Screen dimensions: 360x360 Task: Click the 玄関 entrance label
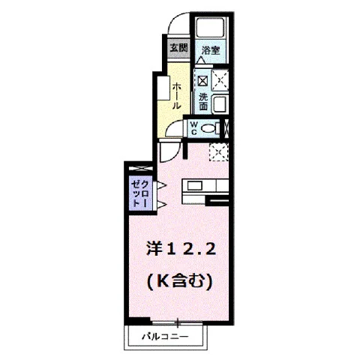pos(178,47)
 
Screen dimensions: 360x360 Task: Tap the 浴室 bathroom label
pos(211,50)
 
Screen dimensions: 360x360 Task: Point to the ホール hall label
pos(176,96)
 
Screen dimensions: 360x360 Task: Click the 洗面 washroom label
pos(203,102)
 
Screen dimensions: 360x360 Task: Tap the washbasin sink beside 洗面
pos(220,103)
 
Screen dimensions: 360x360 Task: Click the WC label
pos(193,128)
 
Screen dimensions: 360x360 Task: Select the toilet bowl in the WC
pos(209,129)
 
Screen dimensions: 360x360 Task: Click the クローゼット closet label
pos(140,193)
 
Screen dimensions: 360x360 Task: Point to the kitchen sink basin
pos(195,186)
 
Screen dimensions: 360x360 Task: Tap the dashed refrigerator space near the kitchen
pos(219,152)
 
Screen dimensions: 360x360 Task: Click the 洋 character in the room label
pos(154,250)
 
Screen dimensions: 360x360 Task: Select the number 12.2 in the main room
pos(190,250)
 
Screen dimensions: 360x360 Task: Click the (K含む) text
pos(180,281)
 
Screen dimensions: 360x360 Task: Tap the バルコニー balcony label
pos(165,337)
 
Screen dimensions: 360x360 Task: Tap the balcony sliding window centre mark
pos(178,322)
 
